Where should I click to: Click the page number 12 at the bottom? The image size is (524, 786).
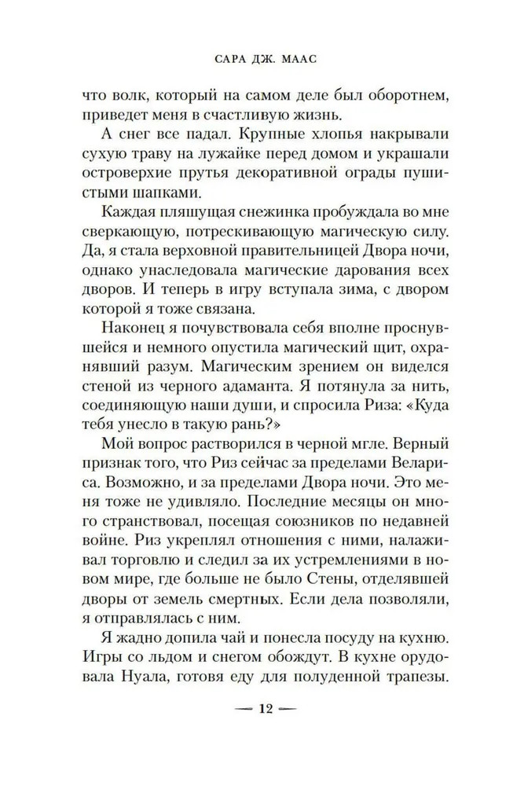click(262, 730)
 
